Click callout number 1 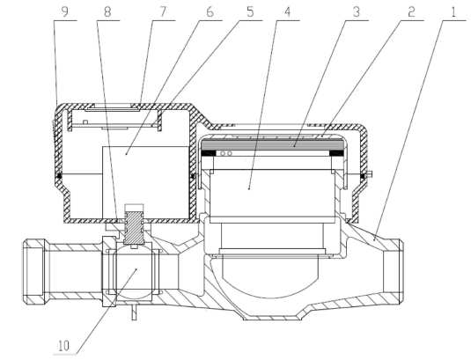point(453,12)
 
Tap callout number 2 point(411,12)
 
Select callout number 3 point(357,12)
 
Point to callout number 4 point(288,12)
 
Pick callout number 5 point(250,12)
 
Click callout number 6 point(210,12)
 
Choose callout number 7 point(163,12)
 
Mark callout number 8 point(107,12)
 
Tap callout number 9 point(64,12)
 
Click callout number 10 point(63,346)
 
